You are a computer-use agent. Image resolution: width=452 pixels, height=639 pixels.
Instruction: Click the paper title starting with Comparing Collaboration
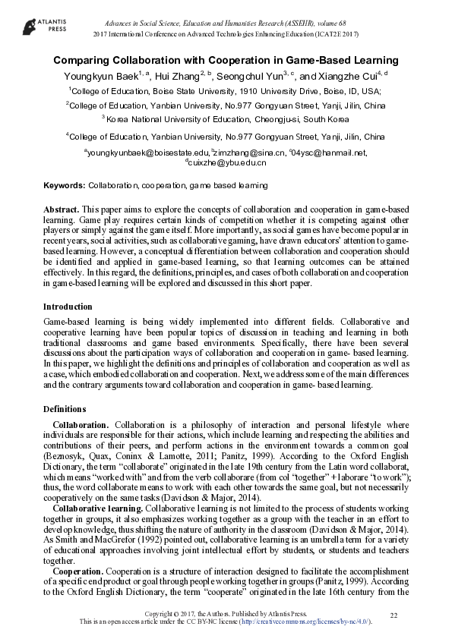(x=226, y=60)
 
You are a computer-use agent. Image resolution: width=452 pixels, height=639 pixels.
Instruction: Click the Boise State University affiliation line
(x=226, y=91)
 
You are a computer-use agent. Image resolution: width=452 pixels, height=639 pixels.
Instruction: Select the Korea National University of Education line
(x=226, y=120)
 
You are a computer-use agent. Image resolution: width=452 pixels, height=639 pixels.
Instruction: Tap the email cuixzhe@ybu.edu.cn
(x=227, y=162)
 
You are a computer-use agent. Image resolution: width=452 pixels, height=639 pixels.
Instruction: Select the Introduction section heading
(x=68, y=307)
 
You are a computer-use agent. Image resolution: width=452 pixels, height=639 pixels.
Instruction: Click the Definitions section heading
(x=65, y=409)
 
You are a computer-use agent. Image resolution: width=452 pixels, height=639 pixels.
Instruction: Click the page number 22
(x=394, y=615)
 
